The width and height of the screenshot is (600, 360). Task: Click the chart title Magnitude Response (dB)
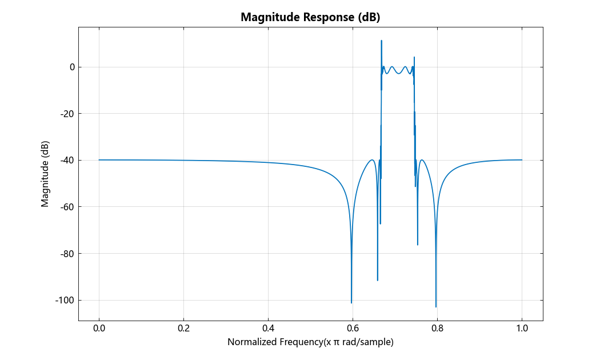pos(310,17)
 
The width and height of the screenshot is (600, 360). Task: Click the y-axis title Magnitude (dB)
pos(45,173)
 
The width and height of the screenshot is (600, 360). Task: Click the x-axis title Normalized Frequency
pos(310,342)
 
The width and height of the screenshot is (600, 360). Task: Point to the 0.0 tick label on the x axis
pos(99,329)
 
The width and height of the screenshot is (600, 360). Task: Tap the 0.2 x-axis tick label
pos(183,329)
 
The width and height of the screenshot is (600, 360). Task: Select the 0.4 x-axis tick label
pos(268,329)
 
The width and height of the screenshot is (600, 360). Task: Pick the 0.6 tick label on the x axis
pos(353,329)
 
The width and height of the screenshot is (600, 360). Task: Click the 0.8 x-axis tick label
pos(437,329)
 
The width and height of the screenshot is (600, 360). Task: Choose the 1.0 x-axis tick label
pos(522,329)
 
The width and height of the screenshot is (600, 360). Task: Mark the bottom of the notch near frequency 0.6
pos(351,303)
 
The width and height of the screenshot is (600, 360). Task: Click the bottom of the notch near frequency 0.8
pos(436,307)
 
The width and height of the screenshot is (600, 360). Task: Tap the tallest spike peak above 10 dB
pos(381,41)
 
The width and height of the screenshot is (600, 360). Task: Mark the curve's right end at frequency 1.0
pos(522,160)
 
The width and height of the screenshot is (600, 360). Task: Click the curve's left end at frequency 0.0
pos(99,160)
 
